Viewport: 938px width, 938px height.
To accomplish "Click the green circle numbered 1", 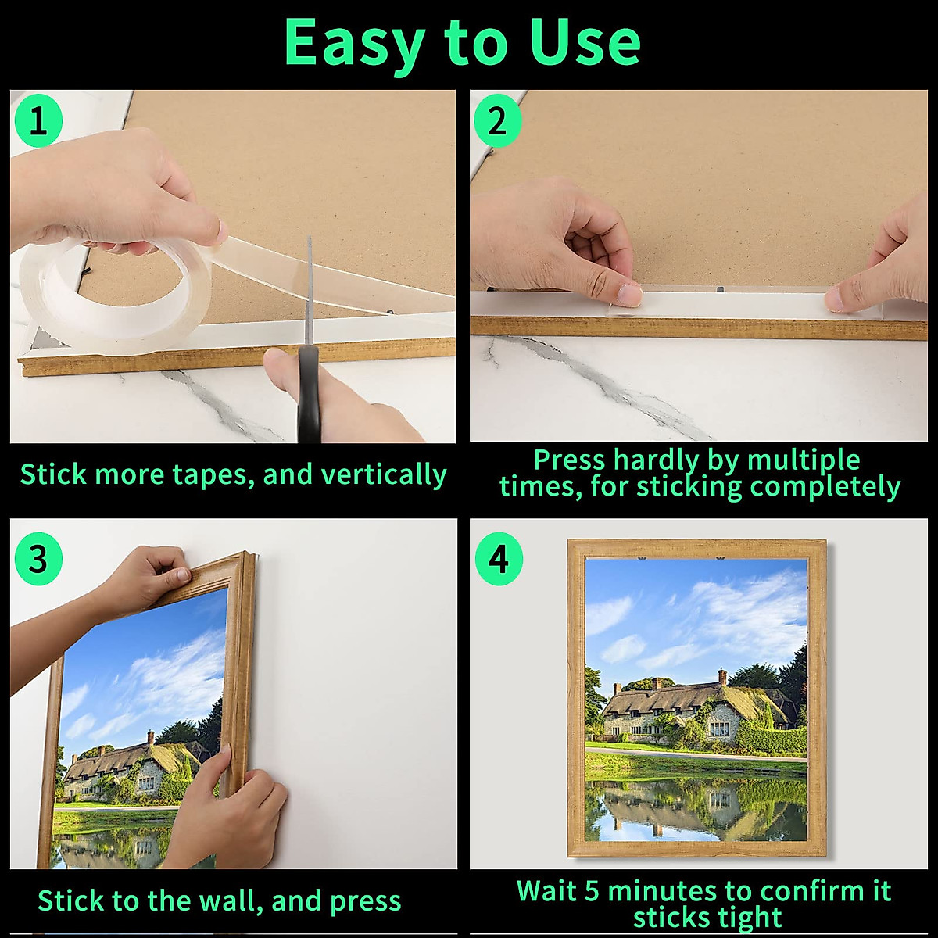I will coord(38,122).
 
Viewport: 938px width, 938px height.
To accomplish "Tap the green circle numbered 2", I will coord(497,122).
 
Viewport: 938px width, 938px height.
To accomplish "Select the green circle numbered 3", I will coord(38,560).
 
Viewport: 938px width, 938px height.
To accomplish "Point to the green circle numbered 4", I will coord(499,560).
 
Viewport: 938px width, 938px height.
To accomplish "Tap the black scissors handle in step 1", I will coord(310,395).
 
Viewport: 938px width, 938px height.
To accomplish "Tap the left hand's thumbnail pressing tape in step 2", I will coord(628,294).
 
